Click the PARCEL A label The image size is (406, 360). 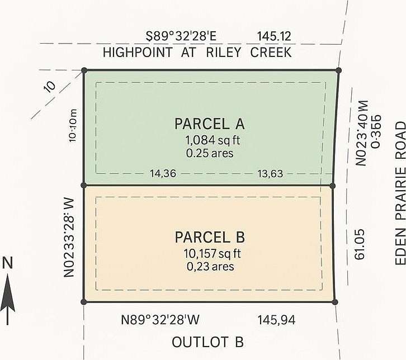tap(210, 124)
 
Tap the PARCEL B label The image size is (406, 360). tap(210, 237)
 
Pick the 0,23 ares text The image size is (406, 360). tap(210, 266)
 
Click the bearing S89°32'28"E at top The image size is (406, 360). tap(181, 37)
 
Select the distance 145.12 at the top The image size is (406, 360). tap(274, 37)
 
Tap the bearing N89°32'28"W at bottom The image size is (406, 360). tap(160, 320)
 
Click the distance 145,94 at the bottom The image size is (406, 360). tap(276, 320)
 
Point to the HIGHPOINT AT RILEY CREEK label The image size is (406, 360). tap(197, 53)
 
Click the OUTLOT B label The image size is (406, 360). tap(207, 342)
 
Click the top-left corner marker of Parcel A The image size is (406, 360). tap(84, 70)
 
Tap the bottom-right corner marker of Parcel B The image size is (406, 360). tap(335, 302)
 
